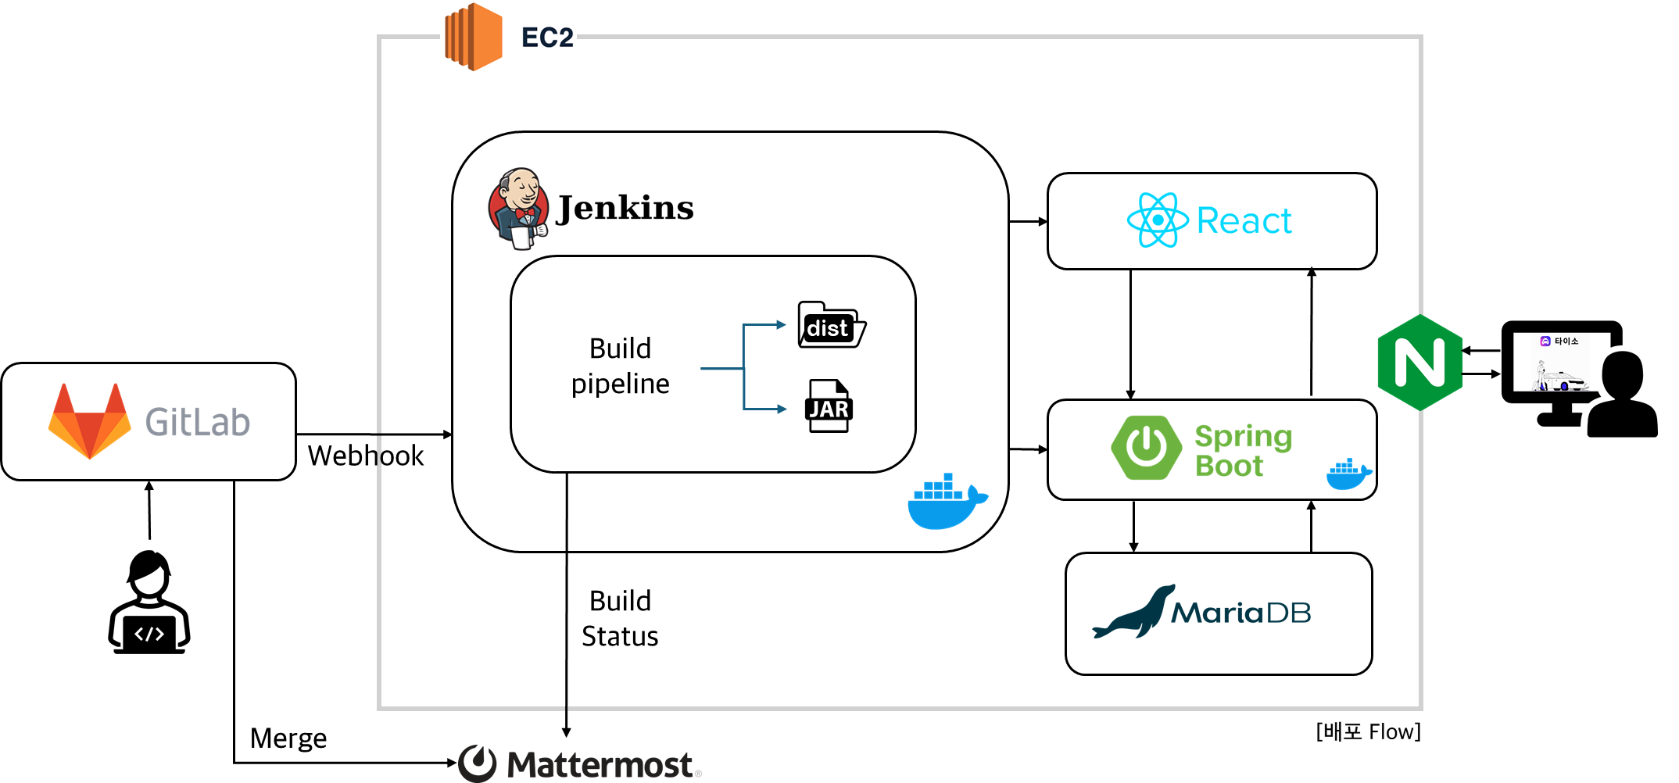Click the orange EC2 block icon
473,37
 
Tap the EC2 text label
546,38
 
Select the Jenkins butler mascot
518,209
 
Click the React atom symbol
1158,220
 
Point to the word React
1244,221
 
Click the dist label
827,328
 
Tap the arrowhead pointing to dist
781,325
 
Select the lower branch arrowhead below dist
781,409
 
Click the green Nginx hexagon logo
1419,363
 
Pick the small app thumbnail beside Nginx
1560,362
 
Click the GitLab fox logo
90,420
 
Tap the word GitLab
198,423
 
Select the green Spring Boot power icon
1147,447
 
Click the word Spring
1243,436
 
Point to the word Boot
1229,466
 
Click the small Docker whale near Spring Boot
1348,474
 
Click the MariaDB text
1240,613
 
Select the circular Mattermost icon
477,763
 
